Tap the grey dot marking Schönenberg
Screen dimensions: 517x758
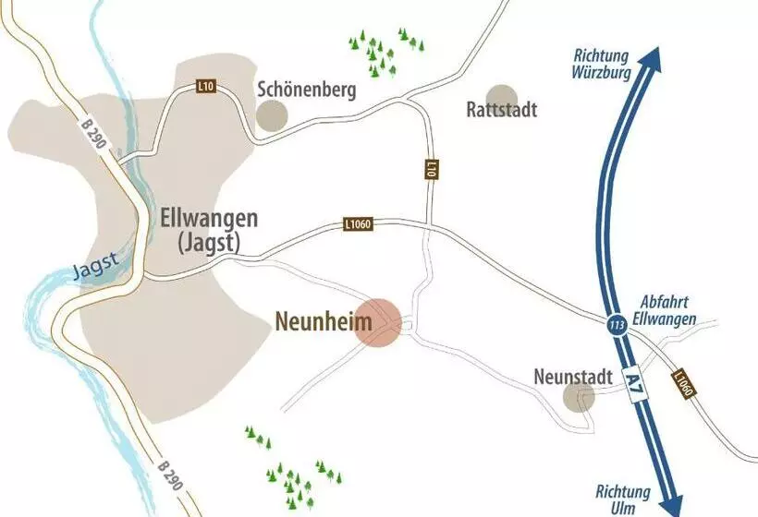click(272, 114)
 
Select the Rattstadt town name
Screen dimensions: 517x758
click(502, 110)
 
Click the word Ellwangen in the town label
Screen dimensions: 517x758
click(210, 219)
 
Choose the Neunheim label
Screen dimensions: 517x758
click(324, 322)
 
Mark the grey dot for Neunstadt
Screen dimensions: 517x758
click(580, 398)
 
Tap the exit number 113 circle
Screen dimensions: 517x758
click(617, 325)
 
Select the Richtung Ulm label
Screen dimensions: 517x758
click(622, 499)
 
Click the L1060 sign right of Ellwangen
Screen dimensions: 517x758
click(358, 223)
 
